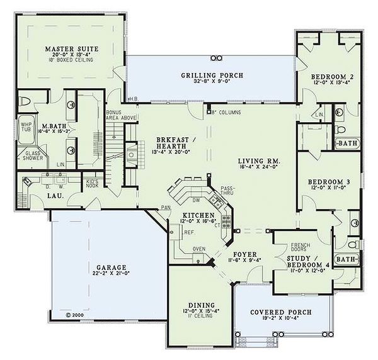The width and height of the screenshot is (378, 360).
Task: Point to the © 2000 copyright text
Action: point(74,312)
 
